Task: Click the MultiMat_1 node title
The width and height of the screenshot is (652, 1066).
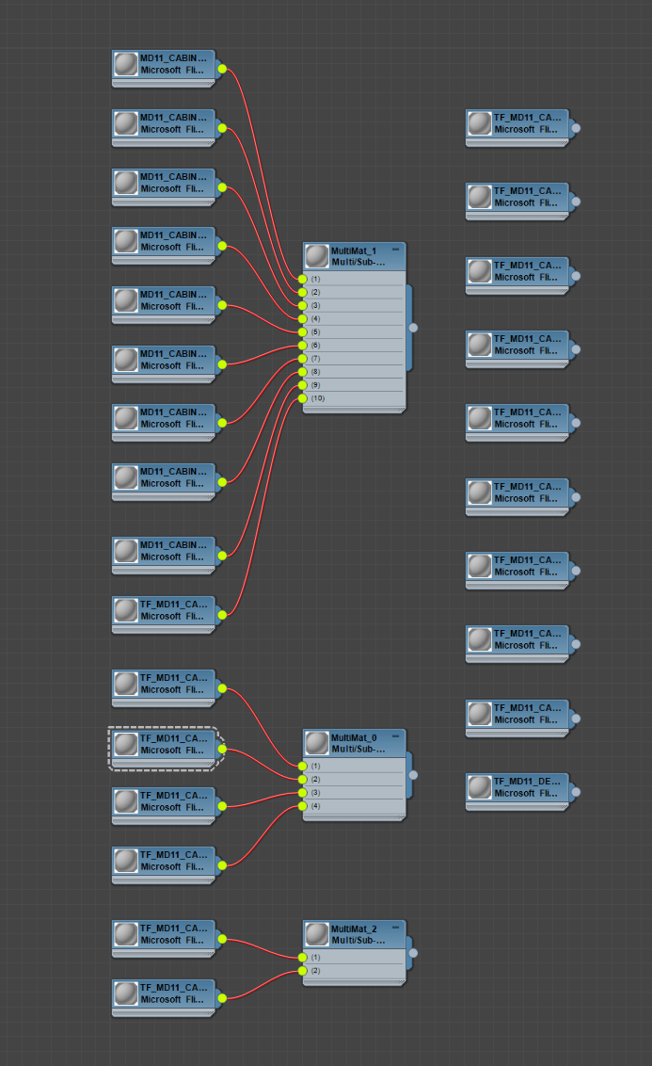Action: click(354, 251)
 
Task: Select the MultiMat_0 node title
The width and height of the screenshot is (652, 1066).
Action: click(354, 737)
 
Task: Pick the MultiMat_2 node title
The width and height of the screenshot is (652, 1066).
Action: click(354, 929)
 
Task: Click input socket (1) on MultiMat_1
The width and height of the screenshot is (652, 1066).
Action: click(303, 279)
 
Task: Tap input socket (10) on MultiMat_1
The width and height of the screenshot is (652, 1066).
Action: click(303, 398)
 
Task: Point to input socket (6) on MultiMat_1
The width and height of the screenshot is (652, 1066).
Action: click(303, 346)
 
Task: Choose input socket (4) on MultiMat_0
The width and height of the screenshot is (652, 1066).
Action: click(303, 806)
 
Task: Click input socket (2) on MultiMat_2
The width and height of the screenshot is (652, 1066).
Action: click(303, 970)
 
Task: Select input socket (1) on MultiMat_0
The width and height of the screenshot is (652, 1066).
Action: click(303, 766)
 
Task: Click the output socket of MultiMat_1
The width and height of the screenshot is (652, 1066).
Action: click(413, 328)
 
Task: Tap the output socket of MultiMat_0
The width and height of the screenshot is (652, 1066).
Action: click(413, 775)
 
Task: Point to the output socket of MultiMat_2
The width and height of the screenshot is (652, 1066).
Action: click(413, 953)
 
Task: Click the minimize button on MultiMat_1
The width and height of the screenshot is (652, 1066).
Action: click(395, 249)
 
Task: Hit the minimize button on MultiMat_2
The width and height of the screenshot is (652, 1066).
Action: click(395, 927)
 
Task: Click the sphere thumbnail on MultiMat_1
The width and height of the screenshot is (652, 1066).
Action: click(317, 256)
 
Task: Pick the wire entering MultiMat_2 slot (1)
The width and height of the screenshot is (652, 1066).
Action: click(268, 948)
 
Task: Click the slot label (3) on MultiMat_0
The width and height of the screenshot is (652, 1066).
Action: click(316, 793)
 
